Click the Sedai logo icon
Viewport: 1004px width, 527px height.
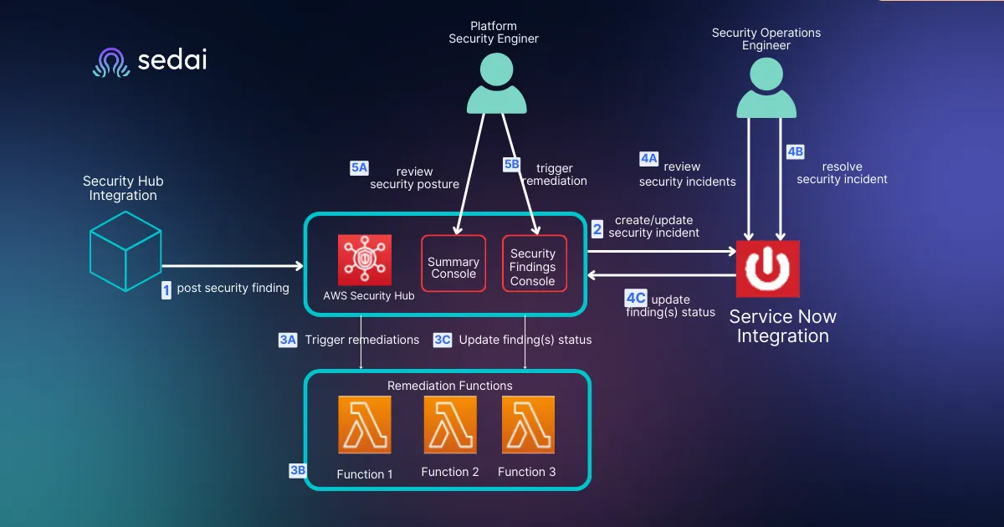[111, 62]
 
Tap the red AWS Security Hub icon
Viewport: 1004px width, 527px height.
[365, 260]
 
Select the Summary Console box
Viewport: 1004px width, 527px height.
[453, 263]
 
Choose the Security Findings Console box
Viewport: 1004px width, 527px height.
[535, 263]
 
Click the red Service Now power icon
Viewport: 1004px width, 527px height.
[768, 269]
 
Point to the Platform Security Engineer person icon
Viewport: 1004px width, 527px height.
[497, 84]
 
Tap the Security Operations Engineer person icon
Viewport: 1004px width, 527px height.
[766, 88]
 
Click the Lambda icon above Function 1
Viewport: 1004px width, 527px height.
[365, 424]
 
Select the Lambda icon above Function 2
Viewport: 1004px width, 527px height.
[450, 424]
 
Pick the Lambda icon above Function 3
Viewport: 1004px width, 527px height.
[528, 424]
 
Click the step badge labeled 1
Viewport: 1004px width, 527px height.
[166, 290]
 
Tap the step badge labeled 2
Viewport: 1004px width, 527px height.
[597, 229]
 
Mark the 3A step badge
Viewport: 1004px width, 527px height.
[288, 340]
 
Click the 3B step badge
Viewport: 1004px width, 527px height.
[298, 470]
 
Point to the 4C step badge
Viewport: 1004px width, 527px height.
[636, 298]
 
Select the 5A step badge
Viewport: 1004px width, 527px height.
[359, 168]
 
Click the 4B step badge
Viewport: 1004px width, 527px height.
[795, 152]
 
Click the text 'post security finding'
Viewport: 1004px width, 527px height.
[233, 288]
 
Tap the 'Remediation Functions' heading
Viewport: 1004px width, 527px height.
[449, 386]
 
